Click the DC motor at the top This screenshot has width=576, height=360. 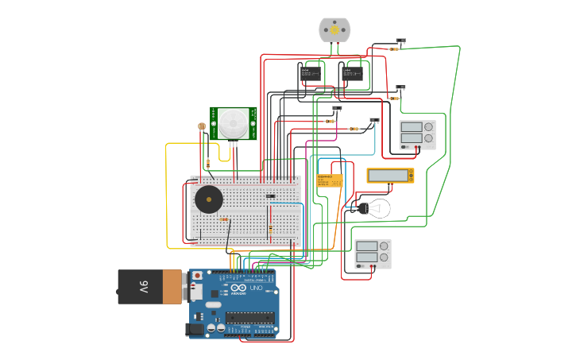tap(334, 29)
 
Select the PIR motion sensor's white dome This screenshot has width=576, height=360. tap(234, 123)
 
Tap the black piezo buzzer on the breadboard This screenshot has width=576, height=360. tap(209, 199)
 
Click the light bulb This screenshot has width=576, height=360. tap(375, 209)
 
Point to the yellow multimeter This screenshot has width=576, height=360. tap(389, 176)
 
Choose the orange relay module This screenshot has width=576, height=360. tap(329, 181)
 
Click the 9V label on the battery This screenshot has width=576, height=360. tap(144, 287)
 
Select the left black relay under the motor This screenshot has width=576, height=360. tap(309, 73)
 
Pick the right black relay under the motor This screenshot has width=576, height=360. tap(352, 74)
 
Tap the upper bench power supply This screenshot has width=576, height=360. tap(418, 134)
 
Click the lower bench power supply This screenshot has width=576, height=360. tap(373, 254)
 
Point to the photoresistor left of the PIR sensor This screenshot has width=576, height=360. tap(202, 126)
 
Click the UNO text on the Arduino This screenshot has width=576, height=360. tap(257, 288)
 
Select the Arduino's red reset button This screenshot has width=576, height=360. tap(197, 276)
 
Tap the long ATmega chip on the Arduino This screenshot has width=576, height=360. tap(249, 318)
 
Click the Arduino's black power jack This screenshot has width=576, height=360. tap(195, 328)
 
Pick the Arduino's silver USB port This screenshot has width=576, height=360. tap(195, 292)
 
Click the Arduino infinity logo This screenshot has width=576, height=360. tap(238, 288)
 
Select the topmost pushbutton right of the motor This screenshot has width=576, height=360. tap(400, 41)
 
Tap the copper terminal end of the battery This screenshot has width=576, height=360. tap(172, 287)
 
